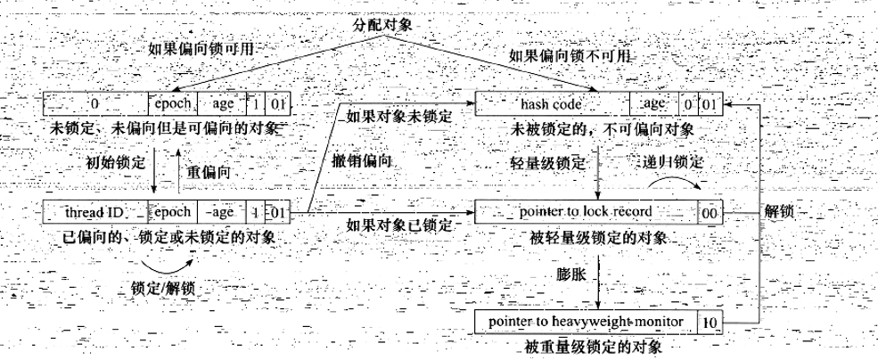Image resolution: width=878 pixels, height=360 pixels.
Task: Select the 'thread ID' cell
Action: point(94,212)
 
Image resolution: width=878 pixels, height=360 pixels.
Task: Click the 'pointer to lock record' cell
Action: point(585,212)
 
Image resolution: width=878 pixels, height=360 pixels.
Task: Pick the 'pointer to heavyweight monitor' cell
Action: point(585,320)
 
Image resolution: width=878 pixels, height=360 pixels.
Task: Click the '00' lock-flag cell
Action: point(710,213)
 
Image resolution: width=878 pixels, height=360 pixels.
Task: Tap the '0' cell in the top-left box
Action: point(94,103)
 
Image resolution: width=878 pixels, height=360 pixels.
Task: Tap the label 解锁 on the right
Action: point(782,213)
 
